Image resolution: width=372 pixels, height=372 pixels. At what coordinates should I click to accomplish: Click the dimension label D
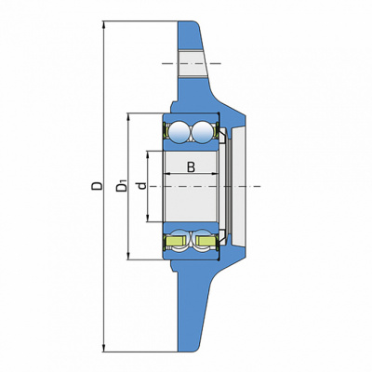coord(97,186)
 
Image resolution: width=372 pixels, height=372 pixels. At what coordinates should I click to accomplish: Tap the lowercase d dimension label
coord(142,186)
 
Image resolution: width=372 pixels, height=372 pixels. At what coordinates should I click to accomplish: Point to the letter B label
coord(192,167)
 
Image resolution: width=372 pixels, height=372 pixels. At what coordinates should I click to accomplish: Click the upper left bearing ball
coord(179,132)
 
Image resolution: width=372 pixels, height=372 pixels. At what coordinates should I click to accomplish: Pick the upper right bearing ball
coord(203,132)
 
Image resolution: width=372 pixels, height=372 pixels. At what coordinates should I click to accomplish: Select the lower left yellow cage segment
coord(176,241)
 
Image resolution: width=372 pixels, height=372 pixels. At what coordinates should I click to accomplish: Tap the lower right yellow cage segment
coord(206,241)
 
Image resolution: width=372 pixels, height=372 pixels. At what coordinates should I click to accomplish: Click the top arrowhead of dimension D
coord(104,25)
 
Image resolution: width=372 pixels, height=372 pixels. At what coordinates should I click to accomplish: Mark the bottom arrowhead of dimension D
coord(104,348)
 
